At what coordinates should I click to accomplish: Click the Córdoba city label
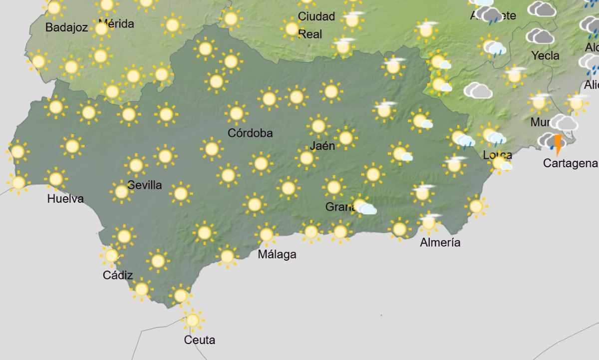point(250,133)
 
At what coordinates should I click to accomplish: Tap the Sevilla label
point(145,185)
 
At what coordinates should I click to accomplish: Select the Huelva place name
point(65,199)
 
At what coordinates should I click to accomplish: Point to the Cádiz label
point(118,275)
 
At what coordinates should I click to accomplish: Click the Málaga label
point(277,254)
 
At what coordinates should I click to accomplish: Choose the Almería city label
point(440,243)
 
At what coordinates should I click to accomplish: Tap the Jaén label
point(322,146)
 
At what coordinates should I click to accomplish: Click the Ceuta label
point(200,340)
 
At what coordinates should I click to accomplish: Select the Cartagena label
point(571,163)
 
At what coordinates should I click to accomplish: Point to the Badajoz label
point(66,27)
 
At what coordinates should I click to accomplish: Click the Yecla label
point(546,55)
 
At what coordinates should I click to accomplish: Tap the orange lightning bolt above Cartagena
point(558,143)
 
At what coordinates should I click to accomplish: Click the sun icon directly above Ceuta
point(192,320)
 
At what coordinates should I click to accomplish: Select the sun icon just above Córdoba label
point(236,113)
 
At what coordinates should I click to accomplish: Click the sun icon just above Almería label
point(428,222)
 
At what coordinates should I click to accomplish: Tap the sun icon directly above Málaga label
point(266,234)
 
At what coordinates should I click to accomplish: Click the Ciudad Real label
point(316,25)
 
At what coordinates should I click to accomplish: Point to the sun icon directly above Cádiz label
point(111,256)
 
